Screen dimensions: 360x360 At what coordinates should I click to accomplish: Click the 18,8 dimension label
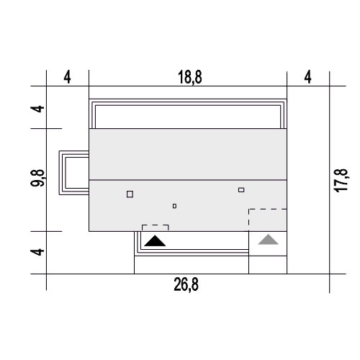[x=190, y=77]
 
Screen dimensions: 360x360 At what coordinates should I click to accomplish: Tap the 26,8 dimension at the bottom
[x=186, y=284]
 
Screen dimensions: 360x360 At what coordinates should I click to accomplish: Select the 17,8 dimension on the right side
[x=341, y=181]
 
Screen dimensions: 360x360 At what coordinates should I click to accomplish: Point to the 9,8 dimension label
[x=37, y=178]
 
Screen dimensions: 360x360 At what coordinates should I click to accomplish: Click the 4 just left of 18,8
[x=68, y=77]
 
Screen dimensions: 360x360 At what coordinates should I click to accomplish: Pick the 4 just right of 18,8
[x=308, y=77]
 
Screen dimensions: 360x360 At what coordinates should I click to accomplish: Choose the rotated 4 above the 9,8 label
[x=37, y=109]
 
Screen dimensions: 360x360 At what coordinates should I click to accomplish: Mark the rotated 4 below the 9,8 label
[x=37, y=252]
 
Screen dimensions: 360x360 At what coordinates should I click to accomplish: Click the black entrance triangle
[x=155, y=241]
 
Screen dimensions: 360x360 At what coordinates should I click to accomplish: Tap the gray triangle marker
[x=268, y=240]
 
